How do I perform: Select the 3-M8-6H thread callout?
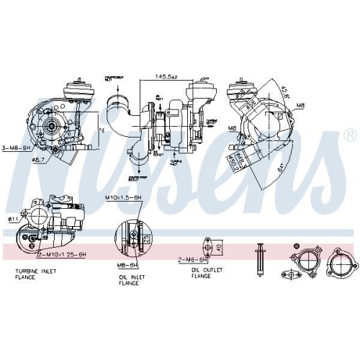pos(17,148)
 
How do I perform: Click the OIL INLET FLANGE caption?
pos(132,279)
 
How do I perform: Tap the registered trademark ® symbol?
pos(350,135)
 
